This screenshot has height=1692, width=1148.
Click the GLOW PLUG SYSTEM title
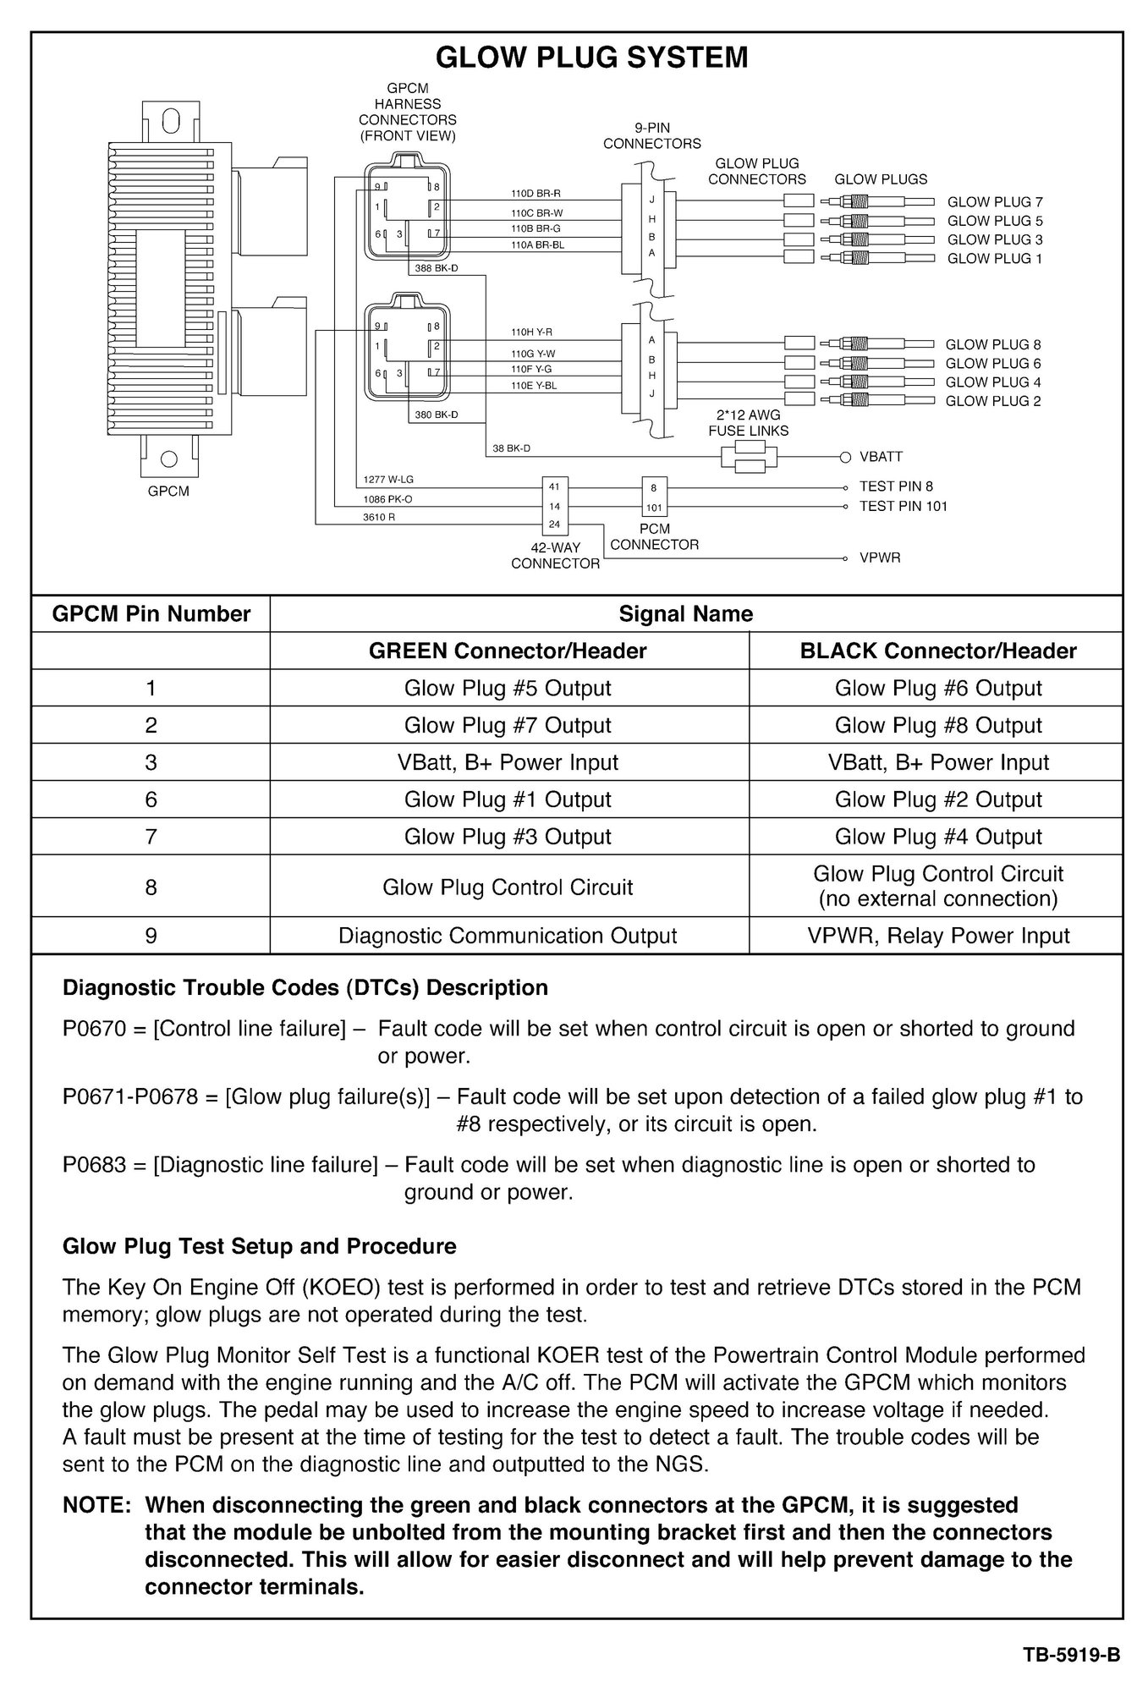click(x=591, y=58)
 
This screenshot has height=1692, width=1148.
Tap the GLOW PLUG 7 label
click(x=995, y=202)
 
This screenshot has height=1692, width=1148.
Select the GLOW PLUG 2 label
click(x=993, y=401)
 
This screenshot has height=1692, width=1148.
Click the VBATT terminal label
click(x=881, y=457)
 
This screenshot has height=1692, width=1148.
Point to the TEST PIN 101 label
click(x=903, y=507)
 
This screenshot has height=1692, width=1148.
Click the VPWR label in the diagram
click(x=880, y=558)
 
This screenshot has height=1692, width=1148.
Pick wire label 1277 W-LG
click(x=388, y=480)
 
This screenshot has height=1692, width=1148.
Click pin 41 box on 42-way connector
click(x=555, y=486)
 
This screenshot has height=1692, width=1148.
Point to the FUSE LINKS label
click(x=748, y=431)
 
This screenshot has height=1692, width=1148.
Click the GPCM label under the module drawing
click(x=168, y=492)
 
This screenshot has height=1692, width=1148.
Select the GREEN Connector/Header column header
click(x=508, y=651)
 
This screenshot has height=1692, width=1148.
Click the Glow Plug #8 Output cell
click(x=938, y=725)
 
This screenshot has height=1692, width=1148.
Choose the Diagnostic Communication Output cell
click(x=508, y=936)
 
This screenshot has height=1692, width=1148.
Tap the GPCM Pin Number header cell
click(x=151, y=613)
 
